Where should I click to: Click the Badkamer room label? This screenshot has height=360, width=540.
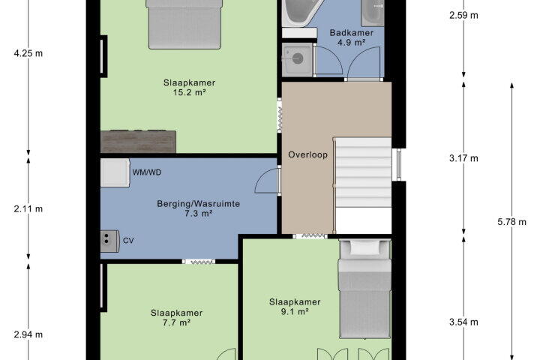tap(351, 33)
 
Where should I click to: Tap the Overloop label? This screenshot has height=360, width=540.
tap(308, 154)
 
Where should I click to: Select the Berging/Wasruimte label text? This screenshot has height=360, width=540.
tap(198, 203)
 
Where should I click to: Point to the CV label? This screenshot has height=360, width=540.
tap(128, 241)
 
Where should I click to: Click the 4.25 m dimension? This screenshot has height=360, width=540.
tap(28, 53)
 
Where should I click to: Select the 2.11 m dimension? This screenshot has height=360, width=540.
tap(28, 208)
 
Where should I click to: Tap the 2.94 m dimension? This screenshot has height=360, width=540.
tap(28, 334)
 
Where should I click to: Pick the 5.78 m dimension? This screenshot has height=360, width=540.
tap(511, 222)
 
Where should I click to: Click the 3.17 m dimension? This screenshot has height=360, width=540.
tap(463, 158)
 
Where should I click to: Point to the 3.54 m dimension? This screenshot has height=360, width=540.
tap(463, 322)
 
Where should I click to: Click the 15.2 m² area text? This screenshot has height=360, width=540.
tap(190, 92)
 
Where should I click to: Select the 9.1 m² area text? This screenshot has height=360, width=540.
tap(295, 311)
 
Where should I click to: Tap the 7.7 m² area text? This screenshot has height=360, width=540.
tap(177, 322)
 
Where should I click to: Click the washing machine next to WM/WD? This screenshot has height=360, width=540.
tap(115, 172)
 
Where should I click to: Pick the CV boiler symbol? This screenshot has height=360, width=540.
tap(109, 241)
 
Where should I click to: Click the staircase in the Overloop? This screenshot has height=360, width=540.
tap(363, 172)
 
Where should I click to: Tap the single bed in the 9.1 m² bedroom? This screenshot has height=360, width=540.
tap(364, 289)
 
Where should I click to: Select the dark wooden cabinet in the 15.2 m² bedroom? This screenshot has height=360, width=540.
tap(138, 142)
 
